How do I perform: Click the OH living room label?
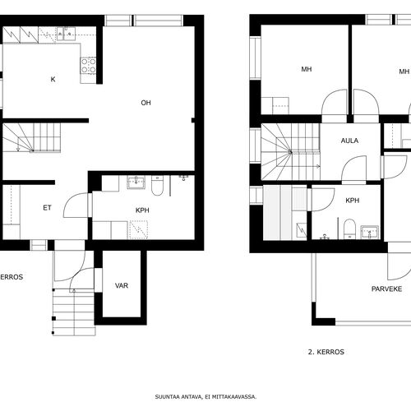(145, 103)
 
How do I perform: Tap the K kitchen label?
(53, 80)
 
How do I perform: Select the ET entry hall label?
(47, 208)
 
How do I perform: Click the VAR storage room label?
(122, 285)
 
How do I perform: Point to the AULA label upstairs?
(349, 141)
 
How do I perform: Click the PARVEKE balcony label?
(386, 289)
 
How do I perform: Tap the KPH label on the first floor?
(142, 210)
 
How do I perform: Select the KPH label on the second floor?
(353, 201)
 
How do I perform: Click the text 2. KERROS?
(326, 352)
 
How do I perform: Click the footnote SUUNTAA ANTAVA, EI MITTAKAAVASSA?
(205, 396)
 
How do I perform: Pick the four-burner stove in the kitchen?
(88, 66)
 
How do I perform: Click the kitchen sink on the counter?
(66, 34)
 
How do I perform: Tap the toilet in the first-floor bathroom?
(157, 186)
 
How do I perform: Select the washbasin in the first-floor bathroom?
(136, 182)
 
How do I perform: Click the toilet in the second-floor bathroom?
(349, 229)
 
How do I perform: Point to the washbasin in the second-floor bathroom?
(370, 232)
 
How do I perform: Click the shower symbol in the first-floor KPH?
(139, 229)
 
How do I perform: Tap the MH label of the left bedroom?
(307, 69)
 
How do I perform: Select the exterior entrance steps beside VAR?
(74, 312)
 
